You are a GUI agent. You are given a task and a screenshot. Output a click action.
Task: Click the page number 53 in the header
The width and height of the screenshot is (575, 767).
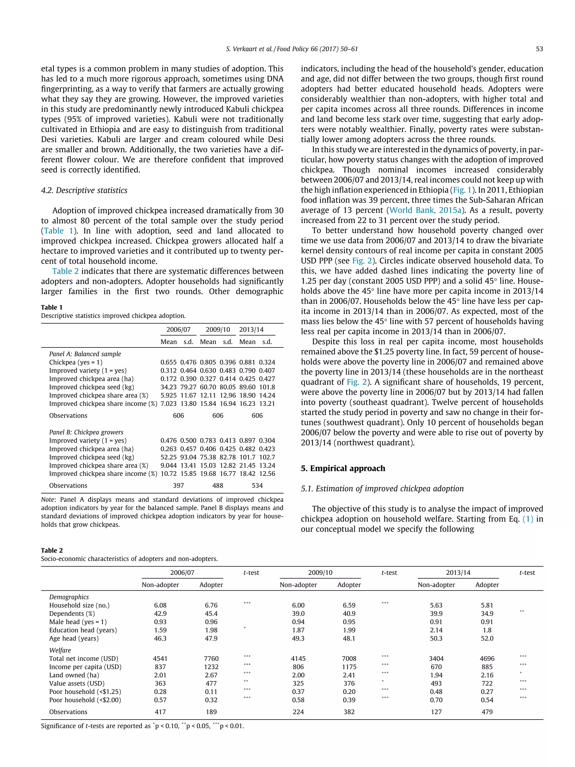[539, 49]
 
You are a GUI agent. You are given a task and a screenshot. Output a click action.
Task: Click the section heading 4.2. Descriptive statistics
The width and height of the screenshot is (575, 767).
[84, 190]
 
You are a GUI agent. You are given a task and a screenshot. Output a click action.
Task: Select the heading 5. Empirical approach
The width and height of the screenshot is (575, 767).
[343, 468]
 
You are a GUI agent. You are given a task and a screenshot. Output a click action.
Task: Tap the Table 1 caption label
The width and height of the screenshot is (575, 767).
[52, 307]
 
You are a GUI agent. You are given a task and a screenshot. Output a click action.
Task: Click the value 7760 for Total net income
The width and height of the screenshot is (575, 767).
[211, 659]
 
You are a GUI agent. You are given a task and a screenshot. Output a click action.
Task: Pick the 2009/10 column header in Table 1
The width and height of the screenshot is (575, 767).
[218, 329]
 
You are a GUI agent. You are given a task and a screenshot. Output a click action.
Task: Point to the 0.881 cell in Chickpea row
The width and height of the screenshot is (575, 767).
[247, 362]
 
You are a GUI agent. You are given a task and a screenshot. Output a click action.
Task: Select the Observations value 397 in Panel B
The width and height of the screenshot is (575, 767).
[178, 485]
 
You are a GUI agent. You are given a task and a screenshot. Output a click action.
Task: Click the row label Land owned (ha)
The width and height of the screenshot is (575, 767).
[74, 675]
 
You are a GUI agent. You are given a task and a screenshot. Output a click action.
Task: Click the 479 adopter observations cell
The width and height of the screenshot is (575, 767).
[487, 712]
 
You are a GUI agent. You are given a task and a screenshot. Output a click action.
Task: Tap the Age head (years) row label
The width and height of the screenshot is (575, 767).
[74, 638]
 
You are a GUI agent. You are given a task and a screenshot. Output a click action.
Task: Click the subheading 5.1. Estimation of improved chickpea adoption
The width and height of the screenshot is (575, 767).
[382, 489]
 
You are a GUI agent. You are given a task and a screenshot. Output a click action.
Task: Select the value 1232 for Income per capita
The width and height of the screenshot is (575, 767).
[211, 667]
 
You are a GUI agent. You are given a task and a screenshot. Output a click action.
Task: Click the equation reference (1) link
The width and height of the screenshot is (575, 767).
[528, 519]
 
